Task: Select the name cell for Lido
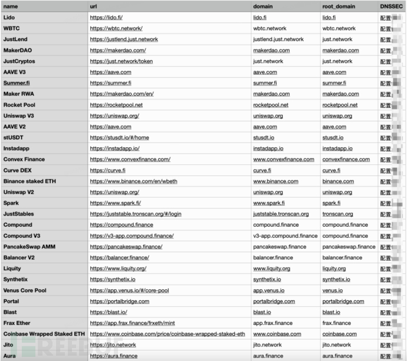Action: click(9, 18)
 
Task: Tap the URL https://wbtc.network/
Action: click(116, 28)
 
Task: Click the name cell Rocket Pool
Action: click(19, 105)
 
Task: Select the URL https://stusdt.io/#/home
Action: click(119, 138)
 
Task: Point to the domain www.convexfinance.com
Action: click(283, 160)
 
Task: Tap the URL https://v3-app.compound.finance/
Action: click(132, 236)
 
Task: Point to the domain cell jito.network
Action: click(267, 345)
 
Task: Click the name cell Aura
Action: click(9, 356)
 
